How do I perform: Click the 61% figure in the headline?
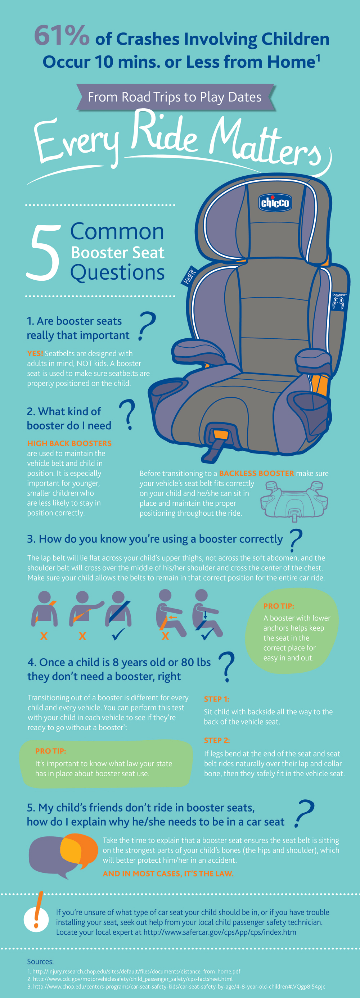[x=62, y=36]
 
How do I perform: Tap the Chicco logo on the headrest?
[x=275, y=202]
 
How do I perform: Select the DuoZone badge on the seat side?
[x=339, y=301]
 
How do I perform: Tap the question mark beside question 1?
[x=147, y=326]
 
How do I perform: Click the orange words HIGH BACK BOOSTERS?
[x=69, y=443]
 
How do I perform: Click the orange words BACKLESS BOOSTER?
[x=257, y=473]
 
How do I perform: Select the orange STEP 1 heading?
[x=217, y=699]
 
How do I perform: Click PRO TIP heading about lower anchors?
[x=279, y=606]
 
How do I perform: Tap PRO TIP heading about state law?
[x=51, y=751]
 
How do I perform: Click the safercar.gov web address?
[x=220, y=932]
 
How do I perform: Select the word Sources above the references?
[x=40, y=962]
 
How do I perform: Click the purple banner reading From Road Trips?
[x=175, y=97]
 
